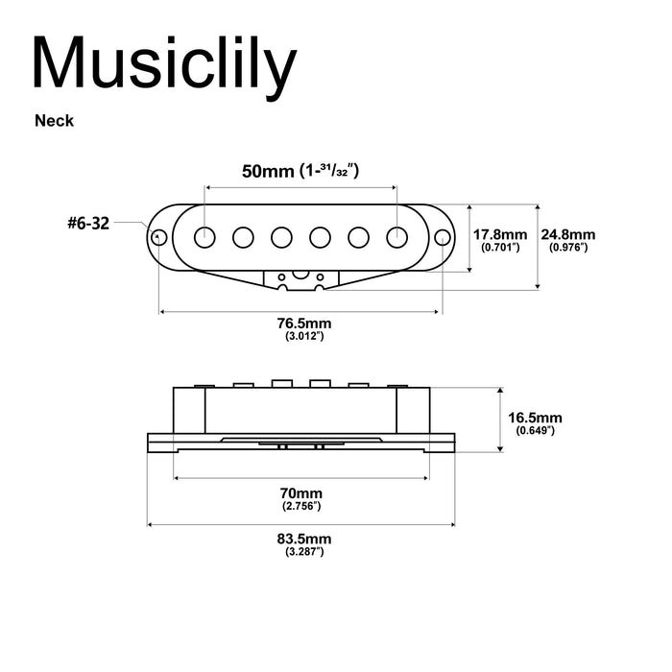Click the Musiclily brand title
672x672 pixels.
(x=164, y=65)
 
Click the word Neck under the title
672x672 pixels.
(x=55, y=121)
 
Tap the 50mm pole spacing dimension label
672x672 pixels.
(x=300, y=172)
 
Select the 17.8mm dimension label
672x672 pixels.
(x=500, y=234)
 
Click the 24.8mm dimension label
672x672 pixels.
(x=567, y=234)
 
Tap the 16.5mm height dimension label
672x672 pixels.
(x=535, y=419)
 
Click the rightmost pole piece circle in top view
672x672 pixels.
(x=396, y=235)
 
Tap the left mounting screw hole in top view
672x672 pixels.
(x=159, y=235)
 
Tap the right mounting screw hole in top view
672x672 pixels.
(x=442, y=235)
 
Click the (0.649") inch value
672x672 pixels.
(x=535, y=432)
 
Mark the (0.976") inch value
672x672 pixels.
(x=567, y=248)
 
